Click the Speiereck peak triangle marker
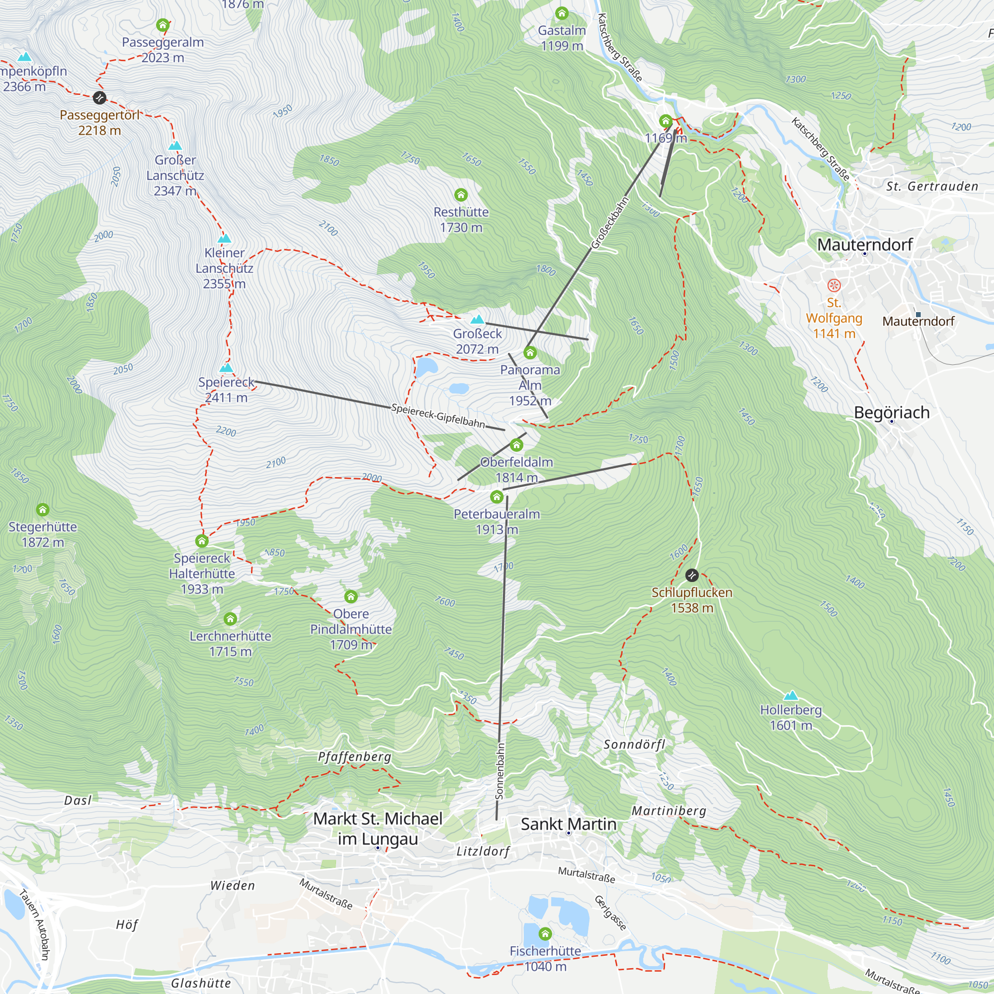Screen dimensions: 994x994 (226, 368)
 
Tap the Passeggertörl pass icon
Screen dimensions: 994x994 (99, 97)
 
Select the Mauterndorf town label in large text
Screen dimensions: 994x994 (864, 245)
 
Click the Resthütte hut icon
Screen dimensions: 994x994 (461, 195)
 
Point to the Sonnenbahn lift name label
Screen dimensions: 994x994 (499, 771)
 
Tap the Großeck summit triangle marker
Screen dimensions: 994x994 (478, 320)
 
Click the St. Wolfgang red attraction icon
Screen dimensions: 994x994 (834, 285)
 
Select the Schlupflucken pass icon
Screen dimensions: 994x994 (692, 575)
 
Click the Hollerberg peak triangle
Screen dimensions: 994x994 (791, 696)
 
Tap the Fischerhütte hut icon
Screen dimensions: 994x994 (545, 933)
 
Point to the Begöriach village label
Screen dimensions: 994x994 (892, 413)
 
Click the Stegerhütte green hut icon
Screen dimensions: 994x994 (43, 510)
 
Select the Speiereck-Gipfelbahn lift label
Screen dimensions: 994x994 (438, 415)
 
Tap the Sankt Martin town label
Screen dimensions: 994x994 (569, 824)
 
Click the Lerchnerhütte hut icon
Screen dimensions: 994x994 (231, 619)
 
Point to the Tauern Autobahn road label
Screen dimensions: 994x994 (34, 924)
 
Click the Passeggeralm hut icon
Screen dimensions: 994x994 (163, 25)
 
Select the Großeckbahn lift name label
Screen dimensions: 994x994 (610, 223)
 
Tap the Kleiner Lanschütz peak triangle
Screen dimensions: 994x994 (224, 238)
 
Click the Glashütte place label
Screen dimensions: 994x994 (201, 983)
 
